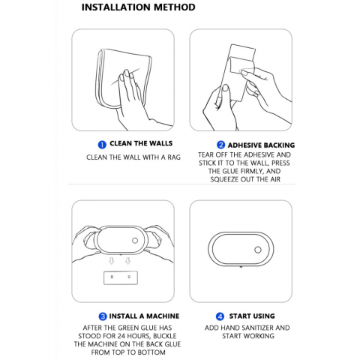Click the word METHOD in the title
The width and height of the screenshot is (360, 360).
pyautogui.click(x=175, y=7)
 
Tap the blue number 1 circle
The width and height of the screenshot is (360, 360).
pyautogui.click(x=102, y=145)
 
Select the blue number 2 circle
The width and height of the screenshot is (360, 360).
pyautogui.click(x=220, y=145)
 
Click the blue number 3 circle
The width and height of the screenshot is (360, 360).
pyautogui.click(x=103, y=316)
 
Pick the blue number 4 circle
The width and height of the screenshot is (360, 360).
pyautogui.click(x=220, y=316)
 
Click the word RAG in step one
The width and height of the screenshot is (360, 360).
pyautogui.click(x=174, y=157)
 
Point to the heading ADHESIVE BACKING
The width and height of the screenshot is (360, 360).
pyautogui.click(x=261, y=145)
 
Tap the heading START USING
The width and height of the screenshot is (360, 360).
pyautogui.click(x=252, y=316)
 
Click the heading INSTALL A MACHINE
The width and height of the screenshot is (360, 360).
pyautogui.click(x=144, y=316)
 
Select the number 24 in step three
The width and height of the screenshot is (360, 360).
pyautogui.click(x=121, y=336)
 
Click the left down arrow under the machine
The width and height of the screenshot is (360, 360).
pyautogui.click(x=112, y=261)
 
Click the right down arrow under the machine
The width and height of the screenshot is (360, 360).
pyautogui.click(x=128, y=261)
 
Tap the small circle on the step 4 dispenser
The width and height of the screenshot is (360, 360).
pyautogui.click(x=258, y=250)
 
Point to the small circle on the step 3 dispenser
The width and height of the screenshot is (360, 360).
pyautogui.click(x=135, y=241)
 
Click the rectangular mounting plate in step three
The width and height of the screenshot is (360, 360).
pyautogui.click(x=121, y=278)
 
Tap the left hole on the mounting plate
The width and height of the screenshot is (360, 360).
pyautogui.click(x=112, y=277)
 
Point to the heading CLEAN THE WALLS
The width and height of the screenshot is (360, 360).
pyautogui.click(x=141, y=143)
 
